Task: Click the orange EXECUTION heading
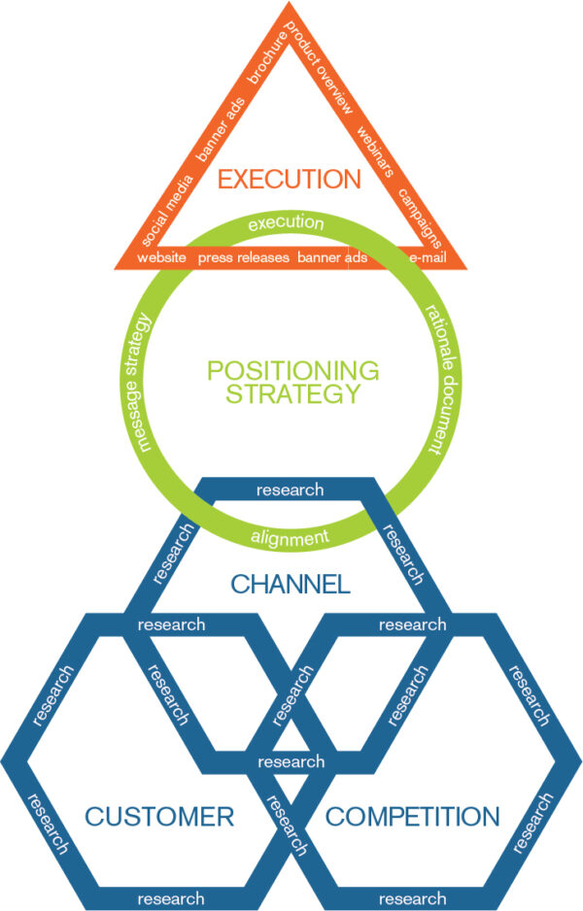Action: point(289,180)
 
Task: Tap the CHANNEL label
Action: point(290,584)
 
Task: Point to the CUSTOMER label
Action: point(160,816)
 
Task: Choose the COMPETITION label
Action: point(413,816)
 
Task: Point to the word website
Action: point(161,258)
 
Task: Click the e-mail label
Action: point(425,258)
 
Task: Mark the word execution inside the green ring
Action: point(286,223)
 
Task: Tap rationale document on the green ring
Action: point(434,382)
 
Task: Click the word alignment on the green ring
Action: point(289,538)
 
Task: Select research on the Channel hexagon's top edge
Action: point(290,489)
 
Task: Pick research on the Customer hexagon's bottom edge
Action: point(171,898)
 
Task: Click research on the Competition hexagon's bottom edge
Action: point(412,898)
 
